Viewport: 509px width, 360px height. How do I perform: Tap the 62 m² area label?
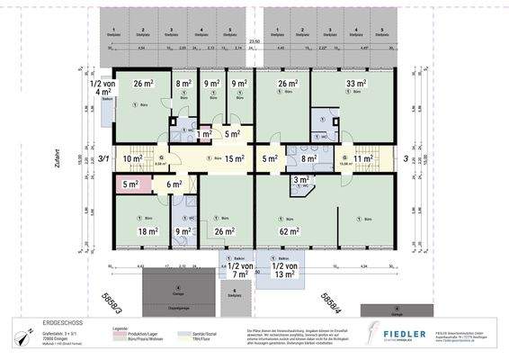point(289,232)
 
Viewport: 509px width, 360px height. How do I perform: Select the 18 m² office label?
point(148,231)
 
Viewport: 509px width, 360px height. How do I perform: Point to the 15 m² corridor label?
point(235,158)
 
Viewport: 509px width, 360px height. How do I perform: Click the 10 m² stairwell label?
point(133,159)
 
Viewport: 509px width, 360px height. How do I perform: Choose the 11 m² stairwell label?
point(363,159)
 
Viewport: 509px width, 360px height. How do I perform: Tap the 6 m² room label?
point(174,184)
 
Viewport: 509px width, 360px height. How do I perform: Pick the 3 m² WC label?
point(300,181)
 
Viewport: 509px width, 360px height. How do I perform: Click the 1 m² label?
point(204,134)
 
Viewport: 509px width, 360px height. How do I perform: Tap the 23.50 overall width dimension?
point(254,41)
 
